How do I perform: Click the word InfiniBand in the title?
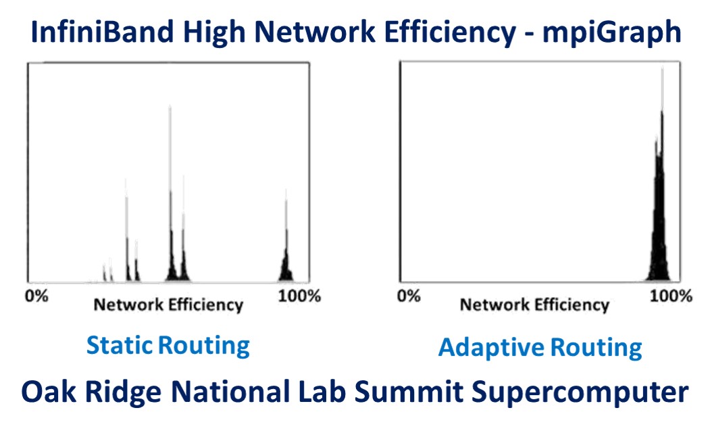[x=102, y=32]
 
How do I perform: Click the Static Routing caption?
[x=168, y=346]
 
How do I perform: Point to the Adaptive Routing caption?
[x=540, y=348]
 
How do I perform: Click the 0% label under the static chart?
[x=36, y=296]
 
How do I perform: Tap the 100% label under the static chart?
[x=299, y=296]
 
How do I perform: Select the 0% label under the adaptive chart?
[x=409, y=296]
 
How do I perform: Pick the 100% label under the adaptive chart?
[x=671, y=296]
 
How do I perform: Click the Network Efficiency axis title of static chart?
[x=168, y=305]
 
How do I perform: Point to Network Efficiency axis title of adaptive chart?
[x=535, y=305]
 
